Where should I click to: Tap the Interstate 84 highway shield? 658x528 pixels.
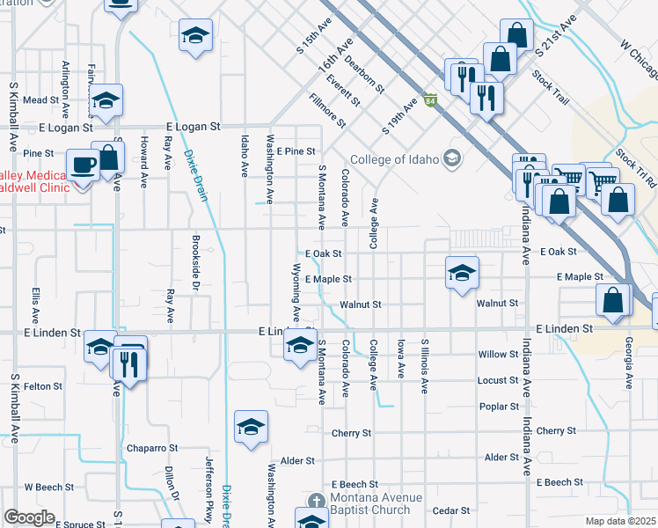click(x=429, y=102)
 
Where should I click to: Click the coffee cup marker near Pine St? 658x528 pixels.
click(x=83, y=165)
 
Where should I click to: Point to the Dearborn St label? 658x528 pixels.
click(x=364, y=75)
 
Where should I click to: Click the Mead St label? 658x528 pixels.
click(x=40, y=100)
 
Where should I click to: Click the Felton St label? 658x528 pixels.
click(x=43, y=386)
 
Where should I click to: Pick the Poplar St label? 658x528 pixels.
click(x=499, y=407)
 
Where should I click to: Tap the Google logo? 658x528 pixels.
click(x=29, y=517)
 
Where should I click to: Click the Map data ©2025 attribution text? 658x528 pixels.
click(x=620, y=521)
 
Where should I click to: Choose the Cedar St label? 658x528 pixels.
click(x=451, y=510)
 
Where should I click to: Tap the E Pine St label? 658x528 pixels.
click(x=296, y=151)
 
